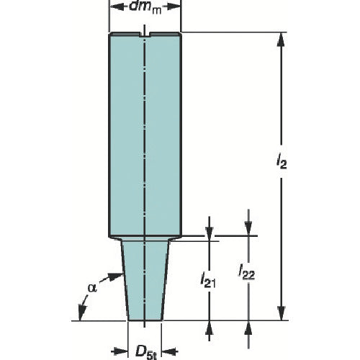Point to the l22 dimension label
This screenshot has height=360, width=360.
[x=248, y=273]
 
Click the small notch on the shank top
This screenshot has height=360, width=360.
[x=145, y=34]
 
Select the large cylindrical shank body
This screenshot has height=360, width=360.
[x=145, y=137]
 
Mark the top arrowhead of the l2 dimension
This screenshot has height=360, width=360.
[x=280, y=38]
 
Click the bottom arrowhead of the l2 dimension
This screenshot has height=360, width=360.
[x=280, y=315]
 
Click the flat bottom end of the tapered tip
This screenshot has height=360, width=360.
[x=145, y=319]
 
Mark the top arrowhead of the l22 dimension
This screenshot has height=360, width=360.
[x=248, y=230]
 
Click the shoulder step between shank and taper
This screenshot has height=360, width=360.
[x=145, y=238]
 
